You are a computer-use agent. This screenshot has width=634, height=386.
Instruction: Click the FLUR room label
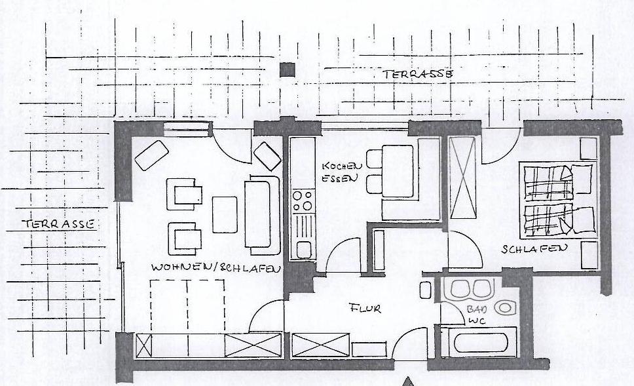point(365,309)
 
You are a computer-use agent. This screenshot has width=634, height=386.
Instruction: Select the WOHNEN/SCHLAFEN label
point(216,267)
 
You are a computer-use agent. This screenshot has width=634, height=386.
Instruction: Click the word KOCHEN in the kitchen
point(342,166)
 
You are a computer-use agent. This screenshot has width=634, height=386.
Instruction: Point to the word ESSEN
point(340,178)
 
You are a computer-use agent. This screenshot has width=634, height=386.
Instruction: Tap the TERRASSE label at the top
point(418,74)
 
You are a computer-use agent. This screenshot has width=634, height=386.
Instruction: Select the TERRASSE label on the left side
point(58,223)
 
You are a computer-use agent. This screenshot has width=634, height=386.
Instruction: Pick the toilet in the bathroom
point(504,308)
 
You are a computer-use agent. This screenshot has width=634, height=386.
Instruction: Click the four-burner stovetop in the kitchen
point(303,201)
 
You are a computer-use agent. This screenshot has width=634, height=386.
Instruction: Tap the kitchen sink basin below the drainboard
point(304,250)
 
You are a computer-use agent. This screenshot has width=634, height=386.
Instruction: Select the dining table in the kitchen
point(398,171)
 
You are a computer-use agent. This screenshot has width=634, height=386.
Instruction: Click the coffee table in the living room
point(225,214)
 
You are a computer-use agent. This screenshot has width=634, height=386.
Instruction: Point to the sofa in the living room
point(262,215)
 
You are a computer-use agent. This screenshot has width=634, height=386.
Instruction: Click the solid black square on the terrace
point(287,69)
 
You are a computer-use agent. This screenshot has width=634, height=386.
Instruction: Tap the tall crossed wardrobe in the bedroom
point(462,178)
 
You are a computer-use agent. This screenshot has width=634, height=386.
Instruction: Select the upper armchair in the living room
point(185,194)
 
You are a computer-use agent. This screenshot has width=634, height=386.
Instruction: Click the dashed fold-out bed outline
point(187,306)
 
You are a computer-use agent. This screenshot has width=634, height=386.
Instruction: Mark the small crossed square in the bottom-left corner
point(143,345)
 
